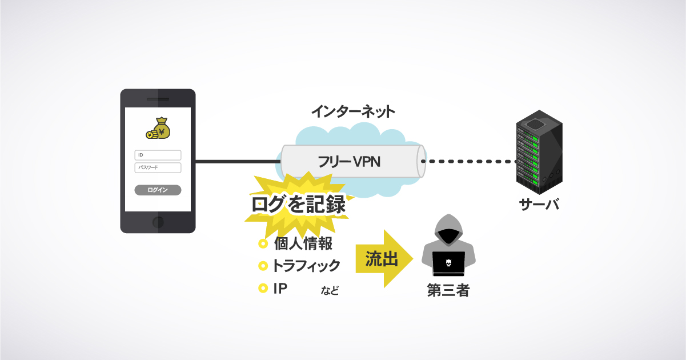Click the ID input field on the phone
158,155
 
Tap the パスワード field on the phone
158,167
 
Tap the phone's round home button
158,221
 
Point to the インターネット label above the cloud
353,111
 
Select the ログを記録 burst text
299,205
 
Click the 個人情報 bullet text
303,244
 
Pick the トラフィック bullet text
306,266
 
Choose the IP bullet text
280,288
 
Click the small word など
330,291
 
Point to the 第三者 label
448,291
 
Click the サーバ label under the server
539,204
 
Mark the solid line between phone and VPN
237,162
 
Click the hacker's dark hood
448,229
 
